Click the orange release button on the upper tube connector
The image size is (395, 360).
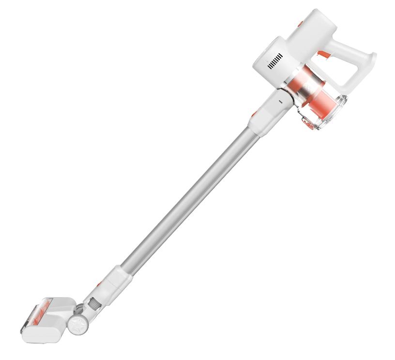254,114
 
